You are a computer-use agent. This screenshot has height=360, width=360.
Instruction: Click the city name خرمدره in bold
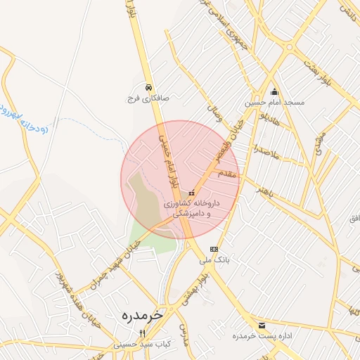[x=141, y=314]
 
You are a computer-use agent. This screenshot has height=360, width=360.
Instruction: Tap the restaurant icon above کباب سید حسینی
[x=141, y=333]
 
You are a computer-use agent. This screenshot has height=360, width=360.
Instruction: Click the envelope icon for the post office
[x=262, y=325]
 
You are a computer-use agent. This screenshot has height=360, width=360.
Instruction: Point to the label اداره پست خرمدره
[x=264, y=336]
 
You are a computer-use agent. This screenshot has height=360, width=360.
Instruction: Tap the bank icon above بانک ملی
[x=214, y=249]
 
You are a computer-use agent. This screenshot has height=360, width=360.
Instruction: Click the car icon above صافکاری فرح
[x=148, y=87]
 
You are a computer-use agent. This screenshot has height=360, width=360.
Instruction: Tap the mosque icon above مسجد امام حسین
[x=274, y=91]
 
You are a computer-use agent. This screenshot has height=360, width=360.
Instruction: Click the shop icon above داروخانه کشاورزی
[x=191, y=193]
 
